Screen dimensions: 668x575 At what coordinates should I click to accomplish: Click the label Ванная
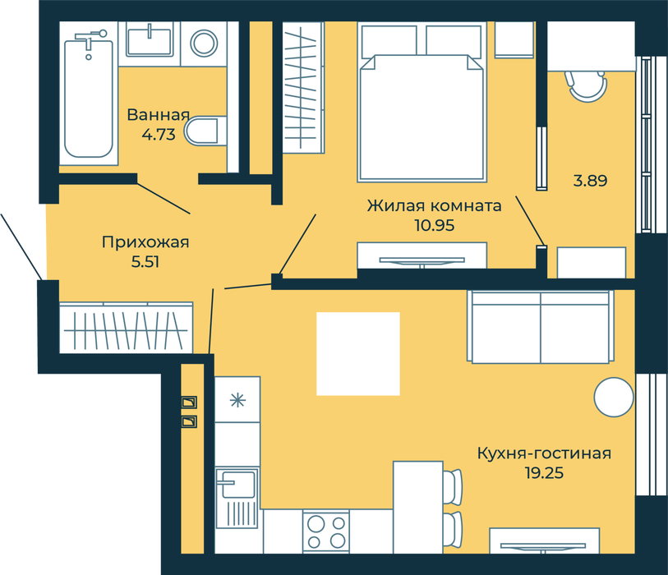(x=158, y=115)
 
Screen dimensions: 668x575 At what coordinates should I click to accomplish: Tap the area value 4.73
(x=159, y=135)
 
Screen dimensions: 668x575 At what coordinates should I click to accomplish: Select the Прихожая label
(x=145, y=242)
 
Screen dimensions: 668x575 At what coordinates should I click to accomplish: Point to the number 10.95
(x=435, y=225)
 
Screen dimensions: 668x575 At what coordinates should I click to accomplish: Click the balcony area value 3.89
(x=590, y=181)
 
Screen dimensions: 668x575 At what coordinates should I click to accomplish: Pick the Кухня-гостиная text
(x=544, y=453)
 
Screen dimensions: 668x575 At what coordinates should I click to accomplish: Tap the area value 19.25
(x=544, y=473)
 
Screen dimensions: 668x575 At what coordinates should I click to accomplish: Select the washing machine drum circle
(x=204, y=43)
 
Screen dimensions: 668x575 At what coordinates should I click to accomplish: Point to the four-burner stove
(x=326, y=532)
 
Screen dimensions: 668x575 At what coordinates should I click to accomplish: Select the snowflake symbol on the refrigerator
(x=237, y=400)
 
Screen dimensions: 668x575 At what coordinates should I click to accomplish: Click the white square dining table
(x=358, y=353)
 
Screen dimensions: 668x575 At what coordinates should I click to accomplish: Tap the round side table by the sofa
(x=614, y=397)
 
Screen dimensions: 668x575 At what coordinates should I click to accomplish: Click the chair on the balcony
(x=587, y=85)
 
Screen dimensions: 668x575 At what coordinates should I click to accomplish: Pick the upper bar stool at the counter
(x=453, y=486)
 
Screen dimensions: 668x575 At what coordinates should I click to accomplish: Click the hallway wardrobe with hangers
(x=126, y=328)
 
